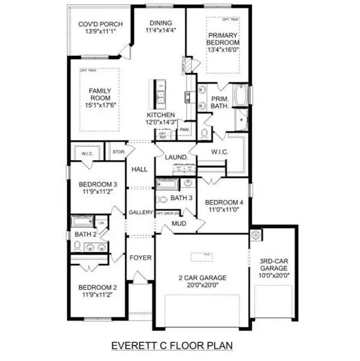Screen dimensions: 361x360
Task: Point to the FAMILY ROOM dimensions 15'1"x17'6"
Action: [101, 103]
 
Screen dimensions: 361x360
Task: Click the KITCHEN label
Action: [161, 114]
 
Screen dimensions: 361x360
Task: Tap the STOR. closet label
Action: [119, 152]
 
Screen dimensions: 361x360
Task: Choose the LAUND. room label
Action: [178, 158]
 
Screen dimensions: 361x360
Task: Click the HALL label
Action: [140, 170]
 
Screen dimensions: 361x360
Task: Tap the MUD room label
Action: [178, 223]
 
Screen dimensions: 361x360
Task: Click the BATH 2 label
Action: [82, 233]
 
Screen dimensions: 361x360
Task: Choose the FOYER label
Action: [140, 258]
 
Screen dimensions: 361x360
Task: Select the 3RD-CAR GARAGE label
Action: [274, 268]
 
